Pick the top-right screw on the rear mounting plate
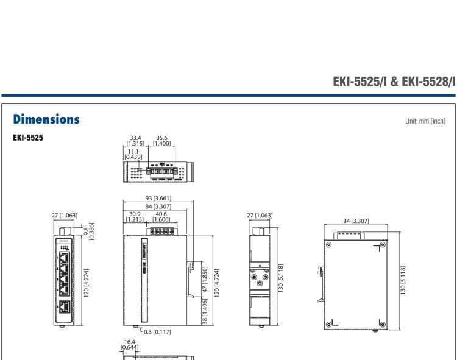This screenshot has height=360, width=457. (x=382, y=245)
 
